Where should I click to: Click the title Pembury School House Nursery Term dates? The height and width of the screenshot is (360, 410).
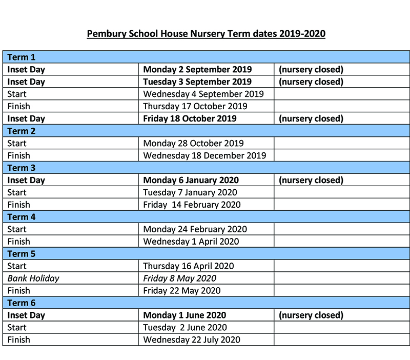point(206,34)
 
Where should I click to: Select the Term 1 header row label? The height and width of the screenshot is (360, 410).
point(22,57)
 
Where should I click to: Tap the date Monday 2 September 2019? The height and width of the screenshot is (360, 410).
point(197,69)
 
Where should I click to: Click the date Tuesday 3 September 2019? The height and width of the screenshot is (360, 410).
point(197,82)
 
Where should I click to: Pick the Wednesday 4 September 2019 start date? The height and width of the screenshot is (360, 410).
point(203,94)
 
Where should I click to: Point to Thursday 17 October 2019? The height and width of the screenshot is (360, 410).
point(195,106)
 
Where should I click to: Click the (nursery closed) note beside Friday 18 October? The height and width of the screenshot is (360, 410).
point(311,118)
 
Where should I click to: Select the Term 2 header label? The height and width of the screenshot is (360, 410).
point(22,131)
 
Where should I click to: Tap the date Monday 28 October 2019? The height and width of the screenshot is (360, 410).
point(193,143)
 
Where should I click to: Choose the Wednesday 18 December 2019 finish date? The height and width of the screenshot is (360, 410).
point(204,155)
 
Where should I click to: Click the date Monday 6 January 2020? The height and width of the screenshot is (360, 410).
point(191,180)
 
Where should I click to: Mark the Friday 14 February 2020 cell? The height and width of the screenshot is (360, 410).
point(192,205)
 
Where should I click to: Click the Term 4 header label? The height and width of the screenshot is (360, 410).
point(22,217)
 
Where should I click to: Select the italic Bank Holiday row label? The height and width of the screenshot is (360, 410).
point(33,278)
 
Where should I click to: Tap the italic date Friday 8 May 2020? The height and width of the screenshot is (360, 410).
point(179,278)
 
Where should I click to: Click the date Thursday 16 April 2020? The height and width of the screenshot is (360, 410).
point(188,266)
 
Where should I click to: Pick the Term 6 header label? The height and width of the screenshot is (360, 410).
point(22,303)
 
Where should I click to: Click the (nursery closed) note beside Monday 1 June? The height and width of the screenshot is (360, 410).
point(311,315)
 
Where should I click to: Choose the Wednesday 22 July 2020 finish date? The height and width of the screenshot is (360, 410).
point(192,339)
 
